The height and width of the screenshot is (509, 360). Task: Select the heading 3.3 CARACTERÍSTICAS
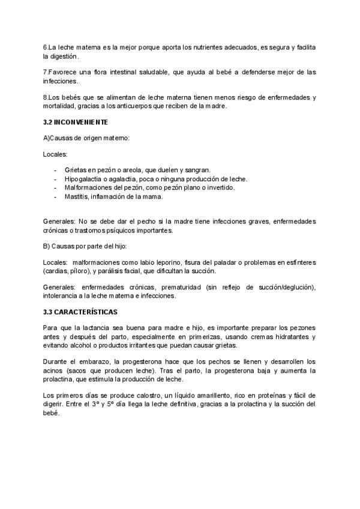(80, 313)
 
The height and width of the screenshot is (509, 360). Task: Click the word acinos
(54, 370)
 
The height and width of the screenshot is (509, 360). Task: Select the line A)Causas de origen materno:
(86, 139)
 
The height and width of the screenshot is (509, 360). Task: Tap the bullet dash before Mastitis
(56, 196)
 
